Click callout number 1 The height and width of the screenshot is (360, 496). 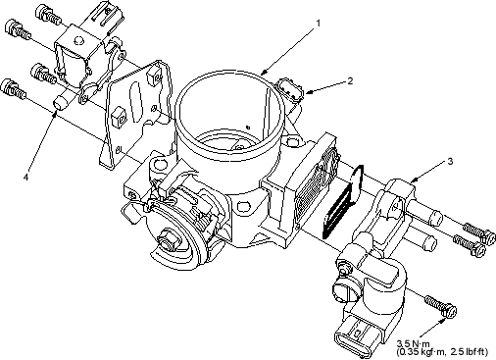pos(318,24)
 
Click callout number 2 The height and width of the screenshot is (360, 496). pos(350,80)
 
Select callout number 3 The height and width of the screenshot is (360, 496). pos(450,161)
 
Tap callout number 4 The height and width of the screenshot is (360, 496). pos(26,177)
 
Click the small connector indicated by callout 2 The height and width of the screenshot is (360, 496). pos(291,89)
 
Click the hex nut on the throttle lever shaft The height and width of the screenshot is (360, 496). pos(169,241)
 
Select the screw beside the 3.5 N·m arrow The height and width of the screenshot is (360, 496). pos(441,306)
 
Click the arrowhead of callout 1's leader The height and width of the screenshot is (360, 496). pos(265,72)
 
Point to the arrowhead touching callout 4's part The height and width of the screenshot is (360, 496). pos(55,114)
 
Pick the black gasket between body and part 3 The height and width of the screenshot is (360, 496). pos(342,202)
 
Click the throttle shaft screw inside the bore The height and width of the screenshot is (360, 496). pos(241,147)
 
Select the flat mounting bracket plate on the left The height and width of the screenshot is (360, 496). pos(135,115)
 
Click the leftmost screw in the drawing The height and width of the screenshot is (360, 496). pos(14,88)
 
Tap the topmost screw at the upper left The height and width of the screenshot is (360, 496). pos(48,13)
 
